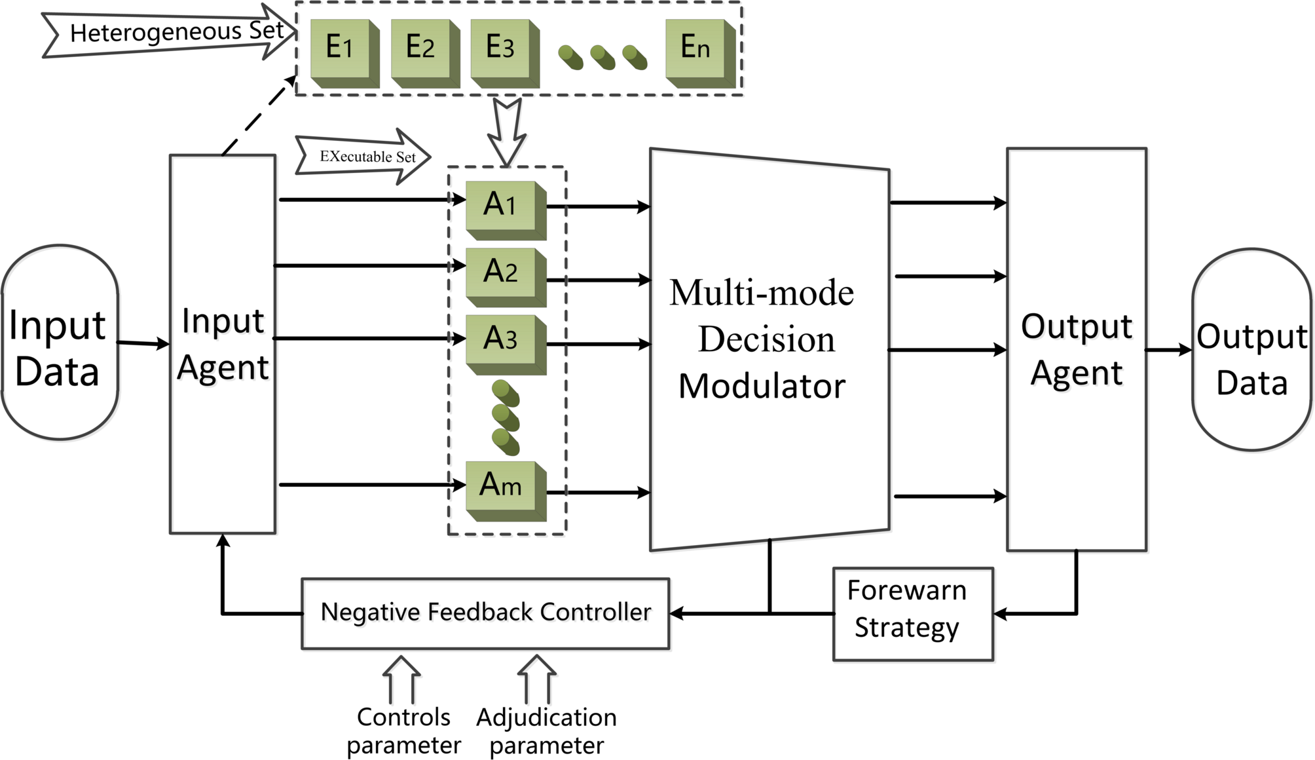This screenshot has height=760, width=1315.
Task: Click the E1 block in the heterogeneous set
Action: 341,49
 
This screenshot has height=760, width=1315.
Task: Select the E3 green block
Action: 500,49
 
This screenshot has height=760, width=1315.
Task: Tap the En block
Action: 695,49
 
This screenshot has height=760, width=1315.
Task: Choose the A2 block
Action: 501,273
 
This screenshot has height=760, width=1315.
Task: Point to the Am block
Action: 501,487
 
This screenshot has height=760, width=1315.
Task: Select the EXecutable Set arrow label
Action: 363,157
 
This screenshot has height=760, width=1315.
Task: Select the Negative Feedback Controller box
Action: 485,613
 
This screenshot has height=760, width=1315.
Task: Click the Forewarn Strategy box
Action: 913,613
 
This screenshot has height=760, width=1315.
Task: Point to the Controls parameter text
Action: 403,731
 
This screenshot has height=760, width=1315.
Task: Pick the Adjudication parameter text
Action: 546,731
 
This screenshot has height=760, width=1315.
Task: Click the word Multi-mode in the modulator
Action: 762,293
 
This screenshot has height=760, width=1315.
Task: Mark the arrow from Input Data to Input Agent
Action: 143,343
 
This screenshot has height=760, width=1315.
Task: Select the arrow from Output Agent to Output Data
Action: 1168,351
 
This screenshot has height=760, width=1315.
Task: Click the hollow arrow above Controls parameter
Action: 401,679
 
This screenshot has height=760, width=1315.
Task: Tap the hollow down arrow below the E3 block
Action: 507,131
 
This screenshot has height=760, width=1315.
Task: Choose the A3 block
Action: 501,339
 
